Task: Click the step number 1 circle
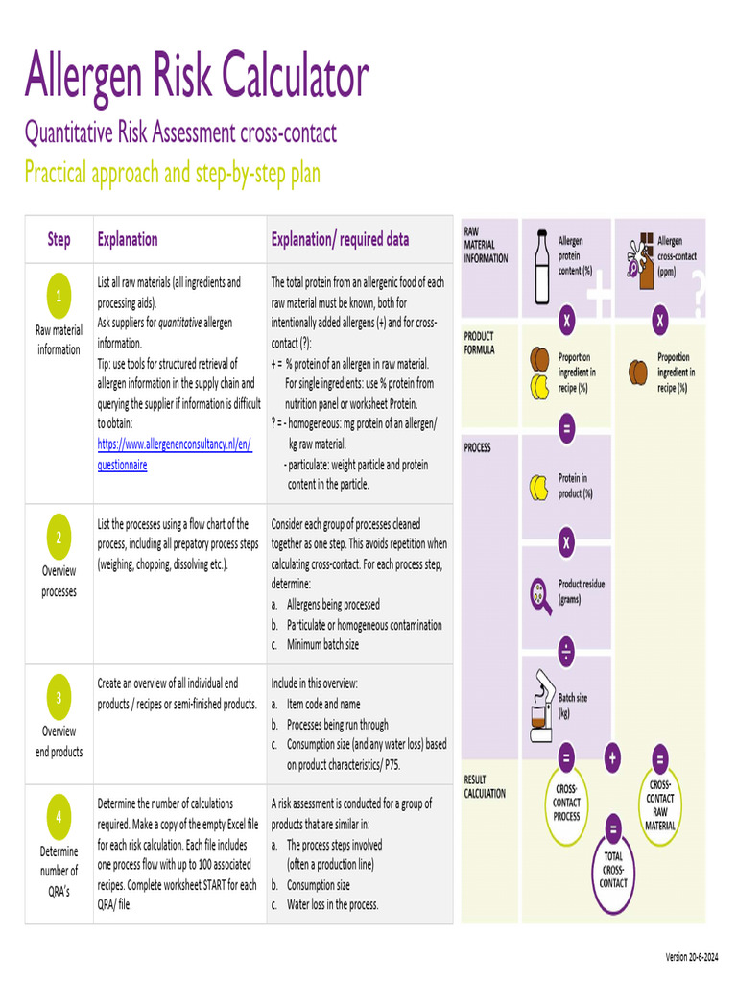tap(59, 297)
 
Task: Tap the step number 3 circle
tap(59, 698)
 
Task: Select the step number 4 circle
tap(59, 817)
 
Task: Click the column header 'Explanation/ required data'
tap(340, 239)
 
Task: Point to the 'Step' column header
tap(59, 239)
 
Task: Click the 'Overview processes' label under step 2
tap(59, 581)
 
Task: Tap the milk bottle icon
tap(541, 261)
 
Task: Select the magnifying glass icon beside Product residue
tap(540, 595)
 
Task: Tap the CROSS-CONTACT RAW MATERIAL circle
tap(660, 804)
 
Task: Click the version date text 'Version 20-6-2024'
tap(698, 957)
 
